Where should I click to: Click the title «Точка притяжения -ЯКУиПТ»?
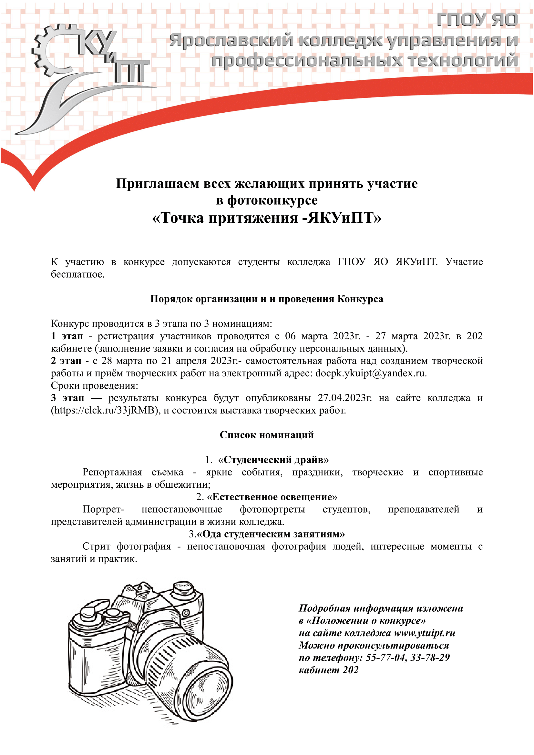[x=267, y=218]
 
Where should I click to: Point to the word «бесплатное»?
[x=77, y=274]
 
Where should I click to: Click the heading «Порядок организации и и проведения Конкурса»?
[x=267, y=299]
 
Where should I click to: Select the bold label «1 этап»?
[x=67, y=336]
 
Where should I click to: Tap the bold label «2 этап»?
[x=66, y=361]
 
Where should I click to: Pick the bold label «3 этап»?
[x=67, y=398]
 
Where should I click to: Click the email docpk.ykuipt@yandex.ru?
[x=371, y=373]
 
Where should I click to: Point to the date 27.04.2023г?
[x=344, y=398]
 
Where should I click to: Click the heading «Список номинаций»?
[x=267, y=435]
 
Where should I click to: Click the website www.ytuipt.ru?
[x=425, y=633]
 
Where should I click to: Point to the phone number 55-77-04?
[x=386, y=658]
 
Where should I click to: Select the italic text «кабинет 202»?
[x=328, y=670]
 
